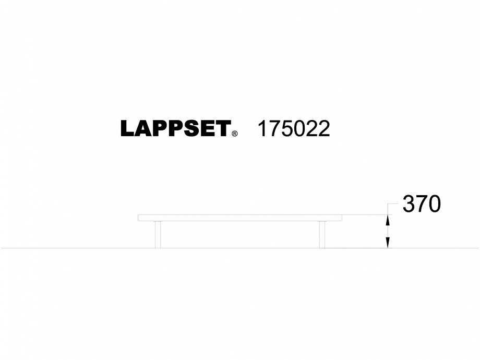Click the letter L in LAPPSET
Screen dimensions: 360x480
tap(127, 129)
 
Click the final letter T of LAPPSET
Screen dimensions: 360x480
tap(222, 129)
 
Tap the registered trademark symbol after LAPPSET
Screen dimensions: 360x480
tap(235, 134)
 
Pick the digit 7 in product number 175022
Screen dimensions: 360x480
tap(275, 129)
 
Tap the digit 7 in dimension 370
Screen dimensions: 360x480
tap(422, 205)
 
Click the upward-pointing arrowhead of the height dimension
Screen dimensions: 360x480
tap(388, 221)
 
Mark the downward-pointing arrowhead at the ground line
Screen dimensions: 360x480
tap(388, 243)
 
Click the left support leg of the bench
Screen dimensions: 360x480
tap(158, 234)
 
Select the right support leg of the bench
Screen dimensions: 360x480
tap(322, 234)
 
